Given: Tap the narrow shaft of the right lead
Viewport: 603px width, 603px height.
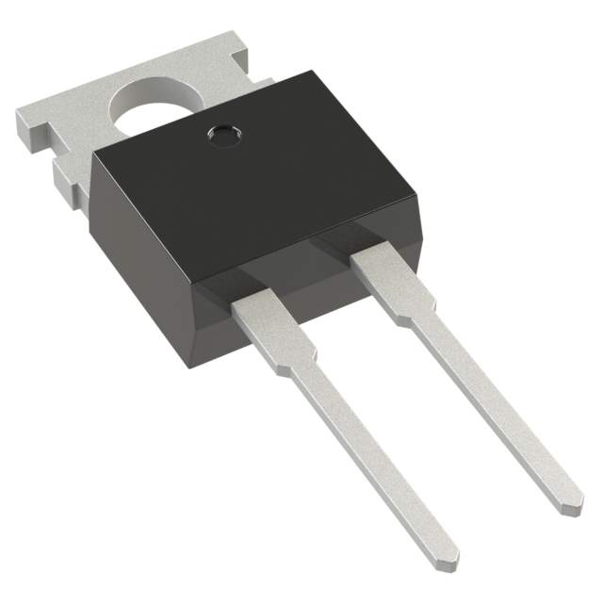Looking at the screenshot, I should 490,405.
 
